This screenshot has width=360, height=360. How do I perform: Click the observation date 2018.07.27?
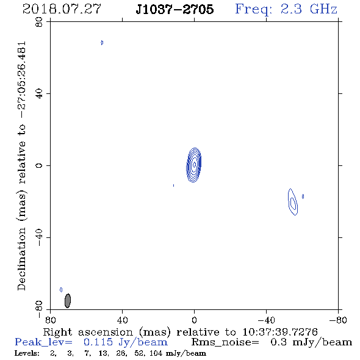(x=62, y=9)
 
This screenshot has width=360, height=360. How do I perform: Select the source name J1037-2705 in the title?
(x=175, y=9)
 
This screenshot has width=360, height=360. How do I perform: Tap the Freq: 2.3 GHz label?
(x=286, y=9)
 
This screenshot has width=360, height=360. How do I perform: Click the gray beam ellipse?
(x=68, y=301)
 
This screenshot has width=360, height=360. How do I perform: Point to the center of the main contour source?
(x=194, y=165)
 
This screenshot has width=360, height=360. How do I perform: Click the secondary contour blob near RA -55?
(x=293, y=202)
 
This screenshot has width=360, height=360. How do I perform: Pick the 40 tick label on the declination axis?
(x=39, y=94)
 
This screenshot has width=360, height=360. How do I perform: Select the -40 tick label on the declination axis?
(x=39, y=237)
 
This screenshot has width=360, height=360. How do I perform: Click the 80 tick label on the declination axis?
(x=39, y=22)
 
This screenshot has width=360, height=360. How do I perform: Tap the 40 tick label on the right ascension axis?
(x=122, y=320)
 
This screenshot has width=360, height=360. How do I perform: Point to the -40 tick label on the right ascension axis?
(x=266, y=320)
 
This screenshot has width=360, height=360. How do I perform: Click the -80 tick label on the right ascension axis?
(x=338, y=320)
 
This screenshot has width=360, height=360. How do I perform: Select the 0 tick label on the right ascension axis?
(x=194, y=320)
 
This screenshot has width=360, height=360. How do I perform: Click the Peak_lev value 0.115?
(x=98, y=342)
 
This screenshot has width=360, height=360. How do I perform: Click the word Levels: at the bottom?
(x=27, y=353)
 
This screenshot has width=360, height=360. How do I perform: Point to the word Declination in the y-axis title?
(x=21, y=259)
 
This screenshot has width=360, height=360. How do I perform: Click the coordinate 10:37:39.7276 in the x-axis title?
(x=280, y=332)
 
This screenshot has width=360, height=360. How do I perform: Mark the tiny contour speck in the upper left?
(x=102, y=43)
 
